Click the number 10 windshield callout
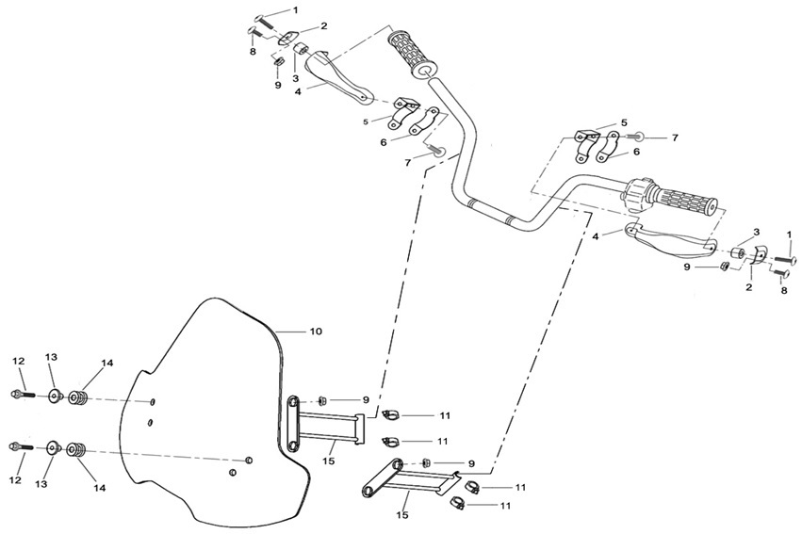click(316, 332)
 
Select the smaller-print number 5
click(366, 121)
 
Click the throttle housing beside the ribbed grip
click(636, 194)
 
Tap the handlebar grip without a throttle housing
click(412, 55)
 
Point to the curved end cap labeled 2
click(759, 253)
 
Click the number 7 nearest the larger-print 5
click(675, 138)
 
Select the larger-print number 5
click(624, 122)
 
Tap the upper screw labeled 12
click(23, 395)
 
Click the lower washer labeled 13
click(53, 447)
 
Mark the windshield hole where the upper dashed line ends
click(153, 401)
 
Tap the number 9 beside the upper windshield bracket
click(366, 400)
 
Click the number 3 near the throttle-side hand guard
click(757, 232)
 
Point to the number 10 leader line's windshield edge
click(276, 332)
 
